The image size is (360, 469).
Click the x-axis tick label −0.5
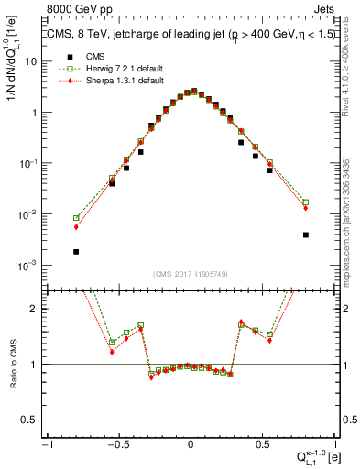pyautogui.click(x=117, y=444)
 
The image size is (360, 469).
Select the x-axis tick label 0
pyautogui.click(x=191, y=444)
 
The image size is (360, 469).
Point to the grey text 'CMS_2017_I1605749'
pyautogui.click(x=191, y=273)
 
